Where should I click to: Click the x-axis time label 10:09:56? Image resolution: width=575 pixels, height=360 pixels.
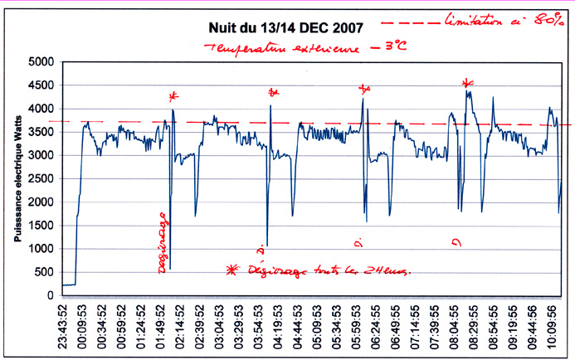[x=550, y=327]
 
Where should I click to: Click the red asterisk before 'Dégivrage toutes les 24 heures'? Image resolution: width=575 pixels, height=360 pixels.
[x=231, y=270]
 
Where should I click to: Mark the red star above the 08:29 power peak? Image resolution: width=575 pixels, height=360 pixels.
[x=468, y=82]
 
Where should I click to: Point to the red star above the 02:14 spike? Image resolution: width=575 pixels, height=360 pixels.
[x=173, y=96]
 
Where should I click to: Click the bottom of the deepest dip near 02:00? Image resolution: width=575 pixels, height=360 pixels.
[x=169, y=269]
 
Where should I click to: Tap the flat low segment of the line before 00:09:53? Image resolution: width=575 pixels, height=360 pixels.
[x=69, y=285]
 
